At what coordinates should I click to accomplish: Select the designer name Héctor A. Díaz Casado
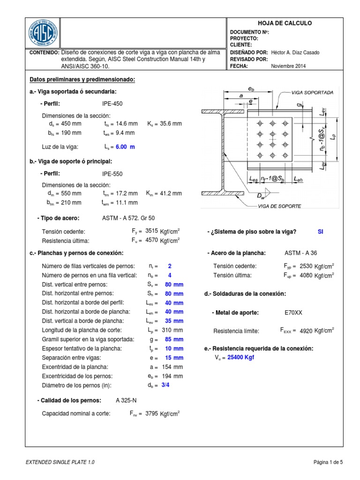click(295, 52)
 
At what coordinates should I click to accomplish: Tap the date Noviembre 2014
click(288, 66)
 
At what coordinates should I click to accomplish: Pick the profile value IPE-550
click(112, 173)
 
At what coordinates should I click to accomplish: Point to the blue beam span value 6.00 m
click(125, 147)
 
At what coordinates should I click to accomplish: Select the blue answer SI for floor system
click(321, 232)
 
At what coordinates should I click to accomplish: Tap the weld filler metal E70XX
click(293, 312)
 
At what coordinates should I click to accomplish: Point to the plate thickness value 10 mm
click(174, 348)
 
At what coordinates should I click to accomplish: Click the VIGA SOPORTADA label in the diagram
click(312, 93)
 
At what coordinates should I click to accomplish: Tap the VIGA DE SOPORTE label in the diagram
click(280, 206)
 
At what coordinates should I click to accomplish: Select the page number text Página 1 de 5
click(328, 462)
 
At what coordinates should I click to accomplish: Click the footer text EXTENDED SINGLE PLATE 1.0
click(60, 462)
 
